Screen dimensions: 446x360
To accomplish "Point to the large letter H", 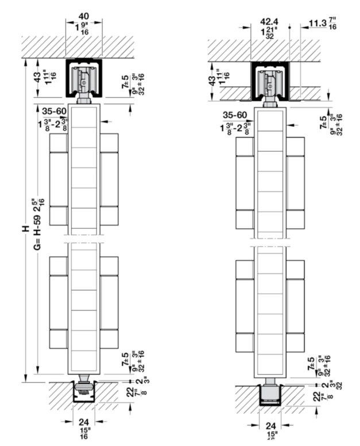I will coord(24,228).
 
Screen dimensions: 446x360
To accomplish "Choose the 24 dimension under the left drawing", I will coord(84,421).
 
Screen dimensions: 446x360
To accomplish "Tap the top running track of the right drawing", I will coord(269,83).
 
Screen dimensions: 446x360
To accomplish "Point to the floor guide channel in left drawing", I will coord(84,393).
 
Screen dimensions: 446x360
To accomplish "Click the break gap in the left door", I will coord(84,238).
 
